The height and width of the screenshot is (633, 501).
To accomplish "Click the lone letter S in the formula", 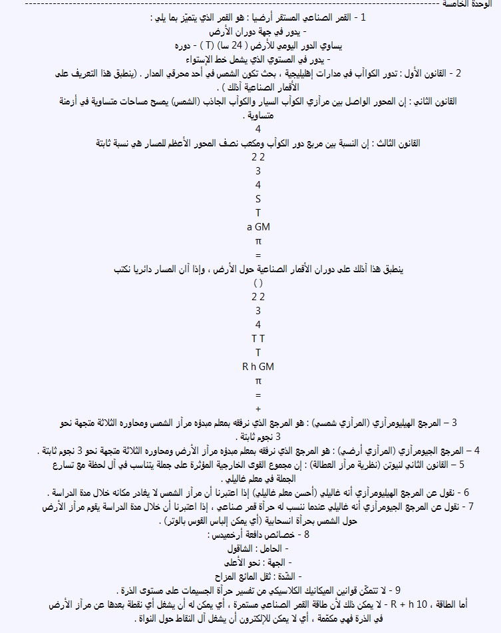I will (x=258, y=199).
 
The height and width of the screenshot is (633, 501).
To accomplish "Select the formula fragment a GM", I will (x=258, y=227).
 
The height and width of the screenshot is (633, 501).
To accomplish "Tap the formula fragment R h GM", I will (x=258, y=366).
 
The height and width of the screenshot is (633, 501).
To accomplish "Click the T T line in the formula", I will (x=258, y=338).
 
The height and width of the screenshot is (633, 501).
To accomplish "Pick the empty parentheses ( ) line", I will (x=258, y=283).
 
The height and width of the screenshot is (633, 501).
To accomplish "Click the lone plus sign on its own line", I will (x=258, y=408).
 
